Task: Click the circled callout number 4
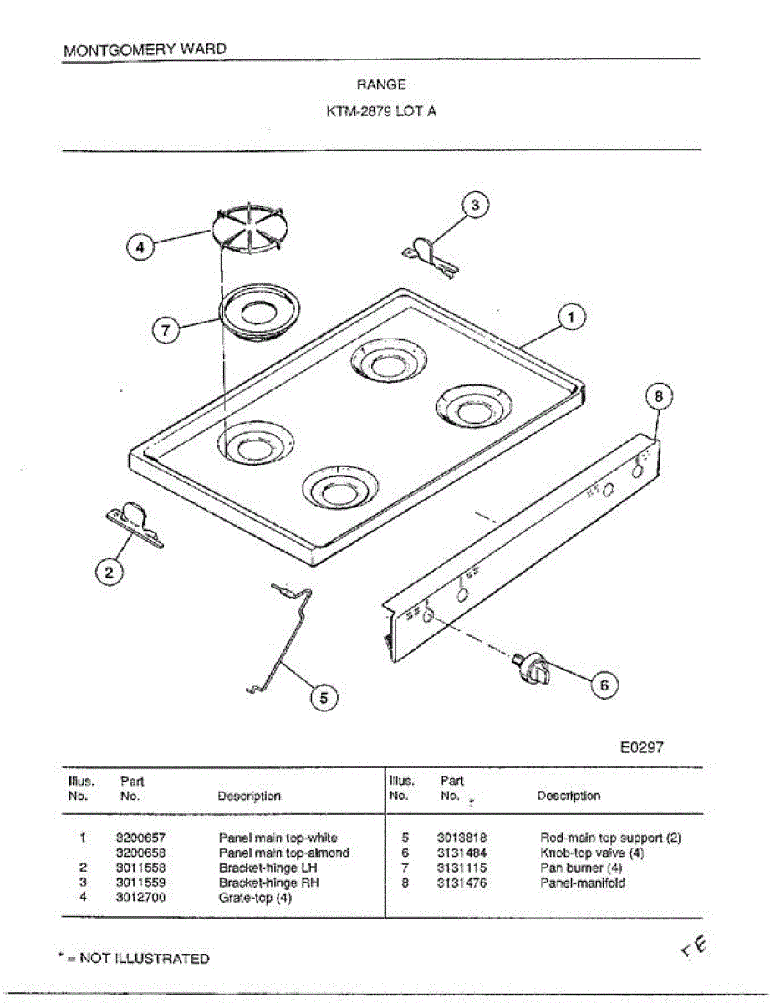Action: [140, 247]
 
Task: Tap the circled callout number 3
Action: [475, 205]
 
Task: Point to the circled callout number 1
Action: [571, 318]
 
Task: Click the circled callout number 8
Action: [659, 398]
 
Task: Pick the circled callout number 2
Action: [108, 573]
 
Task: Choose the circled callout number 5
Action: [324, 695]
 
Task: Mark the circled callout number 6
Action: [604, 685]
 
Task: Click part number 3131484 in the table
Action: [461, 853]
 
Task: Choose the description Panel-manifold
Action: [582, 883]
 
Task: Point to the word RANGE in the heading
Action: [381, 84]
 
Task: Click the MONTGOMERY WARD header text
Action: [145, 49]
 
